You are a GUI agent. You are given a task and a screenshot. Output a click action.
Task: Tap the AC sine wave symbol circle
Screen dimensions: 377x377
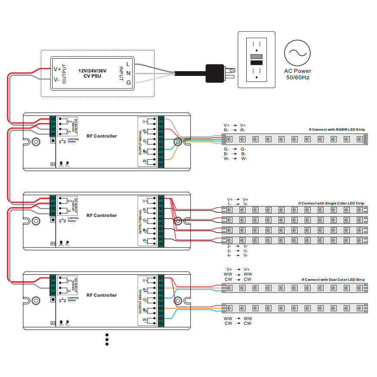pos(297,52)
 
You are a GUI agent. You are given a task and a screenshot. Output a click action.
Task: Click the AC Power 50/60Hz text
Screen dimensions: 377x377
pos(297,74)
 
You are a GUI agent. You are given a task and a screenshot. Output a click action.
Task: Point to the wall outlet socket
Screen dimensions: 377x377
pos(256,59)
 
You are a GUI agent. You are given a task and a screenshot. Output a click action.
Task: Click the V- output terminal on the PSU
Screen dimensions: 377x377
pos(57,79)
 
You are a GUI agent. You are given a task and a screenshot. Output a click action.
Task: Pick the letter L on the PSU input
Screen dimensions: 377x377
pos(128,64)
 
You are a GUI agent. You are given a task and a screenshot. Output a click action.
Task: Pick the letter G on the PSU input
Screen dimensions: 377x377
pos(128,82)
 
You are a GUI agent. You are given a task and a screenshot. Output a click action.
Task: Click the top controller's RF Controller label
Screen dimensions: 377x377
pos(101,136)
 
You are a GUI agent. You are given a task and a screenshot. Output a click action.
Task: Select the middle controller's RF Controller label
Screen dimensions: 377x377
pos(101,215)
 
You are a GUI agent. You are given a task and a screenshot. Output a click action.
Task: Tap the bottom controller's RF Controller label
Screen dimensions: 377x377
pos(101,295)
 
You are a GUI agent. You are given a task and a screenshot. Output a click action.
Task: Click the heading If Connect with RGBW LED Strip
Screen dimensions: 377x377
pos(336,129)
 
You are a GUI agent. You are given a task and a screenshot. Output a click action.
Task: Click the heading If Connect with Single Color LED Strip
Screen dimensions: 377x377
pos(331,203)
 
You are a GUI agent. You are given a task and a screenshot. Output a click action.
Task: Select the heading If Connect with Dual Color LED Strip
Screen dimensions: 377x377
pos(333,280)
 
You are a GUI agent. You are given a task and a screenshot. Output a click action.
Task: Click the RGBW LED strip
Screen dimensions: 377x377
pos(295,139)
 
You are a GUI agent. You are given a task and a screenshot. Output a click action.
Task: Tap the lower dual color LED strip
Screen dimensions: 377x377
pos(295,308)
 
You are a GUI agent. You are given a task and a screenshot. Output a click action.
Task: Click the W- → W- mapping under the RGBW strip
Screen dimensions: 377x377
pos(235,159)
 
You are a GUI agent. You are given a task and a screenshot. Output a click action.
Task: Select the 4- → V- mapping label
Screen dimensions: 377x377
pos(237,255)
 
